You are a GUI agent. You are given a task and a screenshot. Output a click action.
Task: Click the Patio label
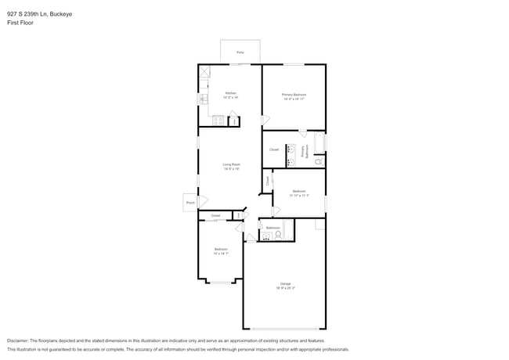click(x=240, y=52)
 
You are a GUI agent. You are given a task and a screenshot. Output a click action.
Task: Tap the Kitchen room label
click(x=230, y=94)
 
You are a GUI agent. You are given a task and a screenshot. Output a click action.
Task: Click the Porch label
click(x=190, y=203)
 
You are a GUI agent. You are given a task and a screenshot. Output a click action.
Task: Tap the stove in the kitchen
click(x=218, y=121)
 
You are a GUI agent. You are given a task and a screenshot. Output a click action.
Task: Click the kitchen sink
click(x=203, y=99)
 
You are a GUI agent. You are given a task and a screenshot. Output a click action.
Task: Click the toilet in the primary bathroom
click(x=319, y=161)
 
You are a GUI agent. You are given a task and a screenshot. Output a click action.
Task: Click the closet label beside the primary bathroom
click(x=274, y=149)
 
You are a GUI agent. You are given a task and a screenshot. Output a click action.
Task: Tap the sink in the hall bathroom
click(x=266, y=235)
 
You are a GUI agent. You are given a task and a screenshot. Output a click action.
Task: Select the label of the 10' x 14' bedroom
click(x=220, y=251)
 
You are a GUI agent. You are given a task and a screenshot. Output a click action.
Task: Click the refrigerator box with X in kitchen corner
click(x=205, y=72)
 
